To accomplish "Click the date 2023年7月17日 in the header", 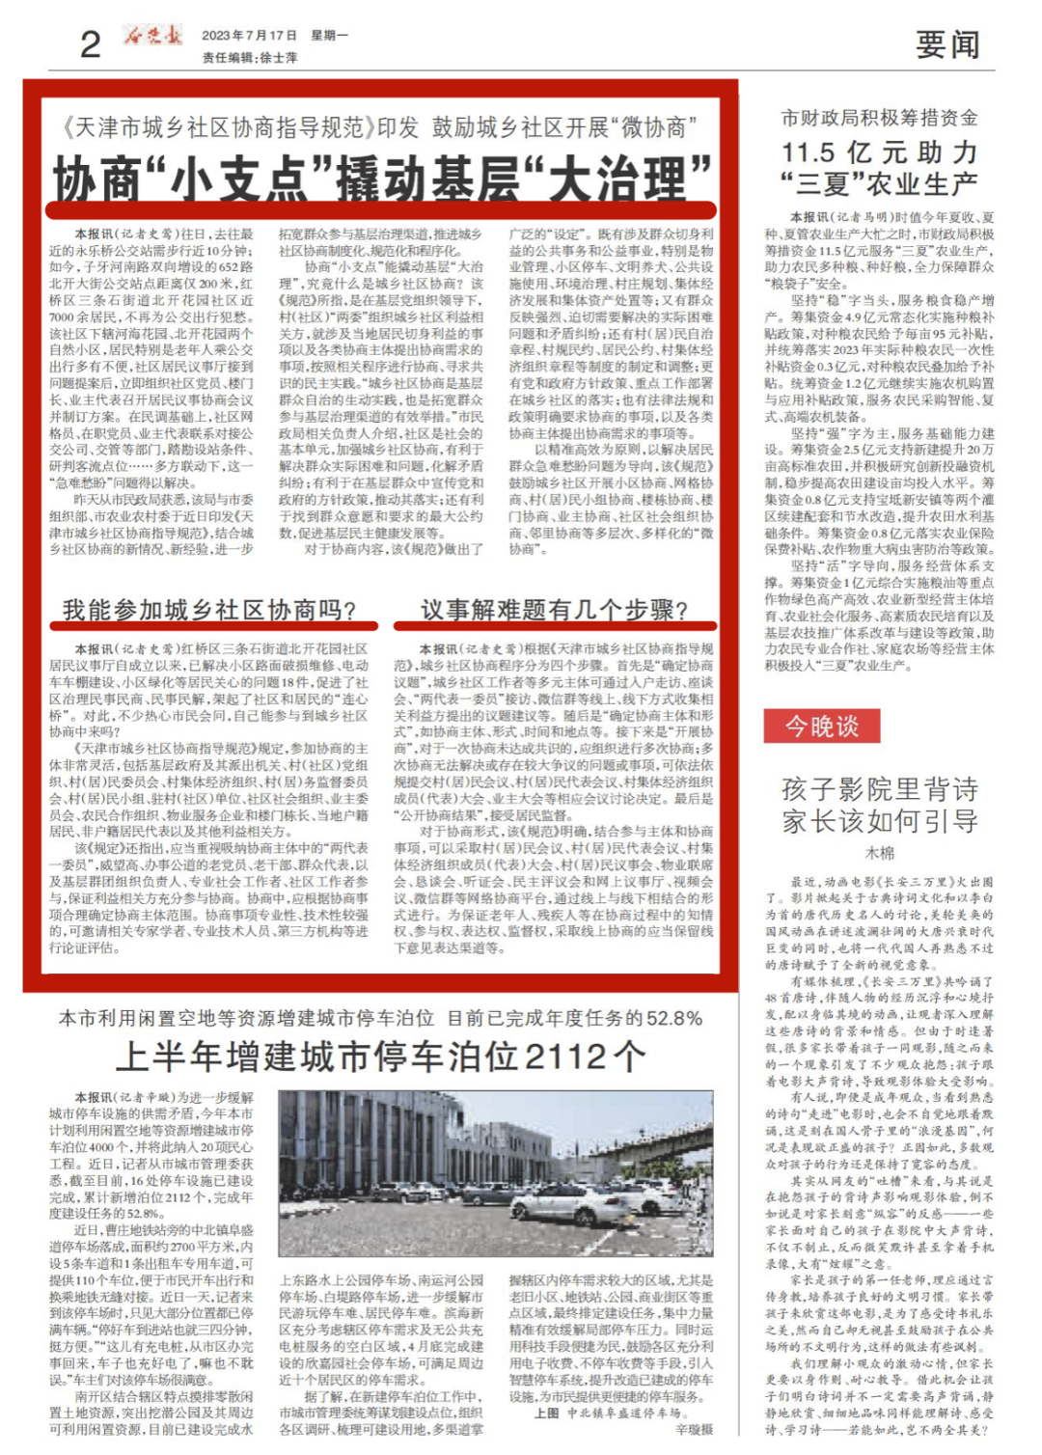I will tap(249, 36).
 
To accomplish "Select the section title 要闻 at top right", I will tap(946, 44).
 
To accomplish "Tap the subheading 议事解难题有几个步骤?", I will tap(554, 610).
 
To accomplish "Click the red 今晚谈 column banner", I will tap(821, 725).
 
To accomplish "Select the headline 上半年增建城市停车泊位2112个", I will tap(380, 1057).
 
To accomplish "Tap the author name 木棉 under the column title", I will tap(879, 853).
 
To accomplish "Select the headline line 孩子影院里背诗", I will tap(879, 789).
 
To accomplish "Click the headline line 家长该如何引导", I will tap(879, 822).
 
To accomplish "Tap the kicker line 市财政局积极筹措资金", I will tap(879, 118).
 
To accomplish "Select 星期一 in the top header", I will tap(330, 36).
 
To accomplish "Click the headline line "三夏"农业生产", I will tap(879, 183).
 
